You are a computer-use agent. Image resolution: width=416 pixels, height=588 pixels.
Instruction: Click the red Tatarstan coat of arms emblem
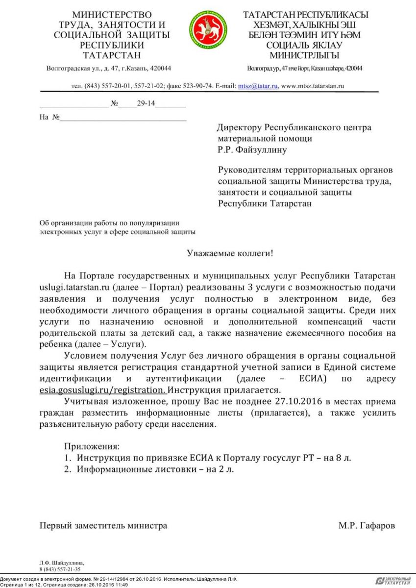point(208,30)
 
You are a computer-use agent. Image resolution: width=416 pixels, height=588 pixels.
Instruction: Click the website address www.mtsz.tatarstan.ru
point(313,86)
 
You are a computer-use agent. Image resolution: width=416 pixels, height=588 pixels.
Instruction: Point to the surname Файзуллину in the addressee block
point(262,150)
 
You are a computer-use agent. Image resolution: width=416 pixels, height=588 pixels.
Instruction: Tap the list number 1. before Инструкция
point(68,458)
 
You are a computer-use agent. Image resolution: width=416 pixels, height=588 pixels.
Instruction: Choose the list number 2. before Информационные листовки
point(68,469)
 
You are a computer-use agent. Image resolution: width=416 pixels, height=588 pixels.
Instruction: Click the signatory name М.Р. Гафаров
point(367,526)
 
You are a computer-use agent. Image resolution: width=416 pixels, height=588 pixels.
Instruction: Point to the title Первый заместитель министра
point(103,526)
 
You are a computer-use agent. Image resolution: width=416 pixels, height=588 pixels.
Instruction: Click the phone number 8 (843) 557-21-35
point(60,570)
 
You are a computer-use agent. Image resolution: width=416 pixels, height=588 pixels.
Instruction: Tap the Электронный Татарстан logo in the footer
point(393,581)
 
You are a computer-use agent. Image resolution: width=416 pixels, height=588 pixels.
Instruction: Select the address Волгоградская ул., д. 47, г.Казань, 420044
point(108,68)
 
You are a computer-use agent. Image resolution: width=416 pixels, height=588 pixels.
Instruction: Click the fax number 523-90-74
point(198,86)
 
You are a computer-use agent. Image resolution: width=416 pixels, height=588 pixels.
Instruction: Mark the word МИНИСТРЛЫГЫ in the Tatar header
point(304,55)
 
